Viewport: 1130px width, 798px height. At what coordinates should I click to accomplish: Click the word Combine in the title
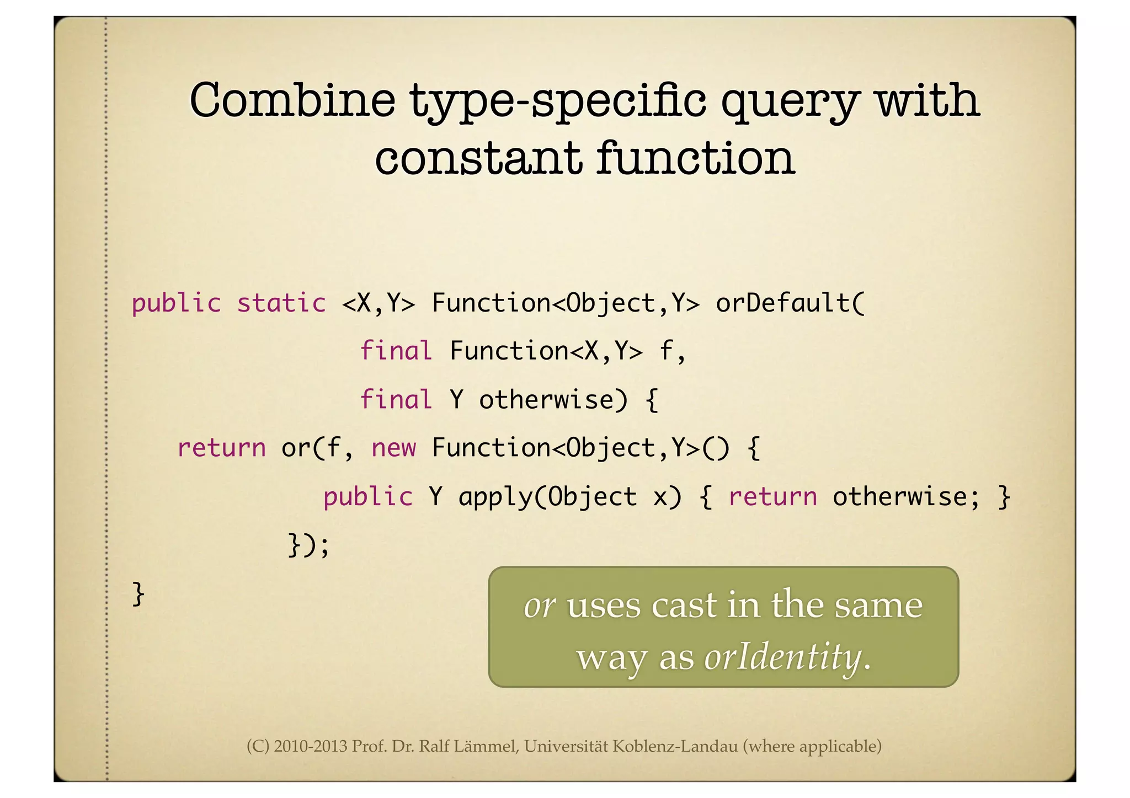click(292, 100)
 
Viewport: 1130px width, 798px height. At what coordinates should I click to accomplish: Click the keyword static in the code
click(281, 303)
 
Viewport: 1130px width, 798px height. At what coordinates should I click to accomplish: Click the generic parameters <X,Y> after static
click(379, 303)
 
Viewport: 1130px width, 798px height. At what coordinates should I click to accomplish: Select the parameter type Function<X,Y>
click(546, 351)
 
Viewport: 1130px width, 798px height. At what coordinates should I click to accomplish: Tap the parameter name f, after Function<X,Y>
click(673, 351)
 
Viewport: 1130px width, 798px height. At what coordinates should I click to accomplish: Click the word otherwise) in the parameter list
click(553, 399)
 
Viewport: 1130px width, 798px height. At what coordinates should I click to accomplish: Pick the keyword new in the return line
click(393, 447)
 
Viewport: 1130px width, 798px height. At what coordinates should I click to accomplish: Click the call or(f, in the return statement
click(317, 447)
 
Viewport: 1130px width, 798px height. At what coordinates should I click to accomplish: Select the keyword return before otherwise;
click(772, 496)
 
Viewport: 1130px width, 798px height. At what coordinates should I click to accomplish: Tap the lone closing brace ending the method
click(138, 594)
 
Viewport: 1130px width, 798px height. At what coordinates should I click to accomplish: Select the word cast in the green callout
click(685, 605)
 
